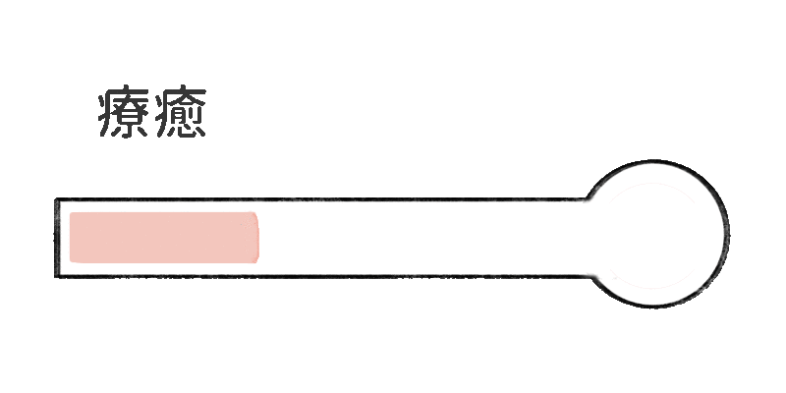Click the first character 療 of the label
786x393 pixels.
pos(124,115)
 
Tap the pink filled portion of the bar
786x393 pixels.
pos(163,237)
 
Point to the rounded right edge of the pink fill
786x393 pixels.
pos(257,237)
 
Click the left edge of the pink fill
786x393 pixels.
pos(70,237)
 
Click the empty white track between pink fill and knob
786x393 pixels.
pos(422,237)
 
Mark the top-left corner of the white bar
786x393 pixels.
pos(58,201)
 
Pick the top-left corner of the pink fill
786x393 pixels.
pos(71,213)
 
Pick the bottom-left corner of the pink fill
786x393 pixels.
pos(71,261)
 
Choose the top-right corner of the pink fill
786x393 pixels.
pos(254,213)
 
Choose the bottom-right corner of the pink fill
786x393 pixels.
pos(254,261)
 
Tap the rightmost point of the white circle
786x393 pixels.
pos(727,235)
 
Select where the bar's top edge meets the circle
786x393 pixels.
pos(593,201)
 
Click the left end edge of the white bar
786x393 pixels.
pos(57,238)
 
